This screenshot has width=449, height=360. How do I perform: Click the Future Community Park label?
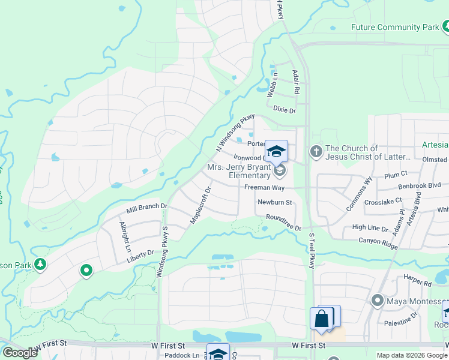click(394, 27)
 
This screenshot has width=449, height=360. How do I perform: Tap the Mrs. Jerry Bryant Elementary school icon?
click(279, 171)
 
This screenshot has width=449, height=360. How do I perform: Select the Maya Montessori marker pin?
click(378, 300)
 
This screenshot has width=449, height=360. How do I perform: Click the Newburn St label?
click(274, 203)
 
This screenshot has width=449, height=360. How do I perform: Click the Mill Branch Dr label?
click(146, 209)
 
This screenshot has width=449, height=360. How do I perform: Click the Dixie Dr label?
click(284, 110)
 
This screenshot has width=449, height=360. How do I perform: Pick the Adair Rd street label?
click(295, 82)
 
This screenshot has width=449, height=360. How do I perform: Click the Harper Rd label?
click(418, 283)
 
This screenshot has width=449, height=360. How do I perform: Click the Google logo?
click(20, 353)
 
